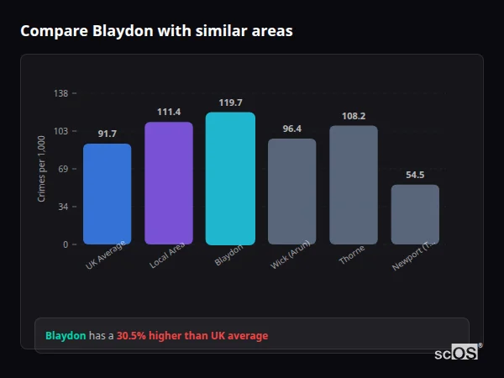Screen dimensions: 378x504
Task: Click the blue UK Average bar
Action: click(x=107, y=194)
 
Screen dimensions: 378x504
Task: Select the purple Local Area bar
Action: click(x=169, y=183)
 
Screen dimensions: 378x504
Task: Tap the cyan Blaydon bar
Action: click(x=230, y=178)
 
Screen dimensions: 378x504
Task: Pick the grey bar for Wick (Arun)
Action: click(x=291, y=192)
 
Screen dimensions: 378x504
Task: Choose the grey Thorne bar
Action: click(x=353, y=185)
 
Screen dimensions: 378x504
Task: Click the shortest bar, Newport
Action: click(x=415, y=214)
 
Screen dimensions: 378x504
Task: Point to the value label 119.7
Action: click(x=230, y=102)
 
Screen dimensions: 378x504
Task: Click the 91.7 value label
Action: click(x=107, y=134)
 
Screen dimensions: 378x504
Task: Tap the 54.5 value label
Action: click(x=415, y=175)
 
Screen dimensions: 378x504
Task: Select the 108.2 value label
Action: click(x=353, y=116)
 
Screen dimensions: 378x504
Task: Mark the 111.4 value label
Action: click(x=169, y=112)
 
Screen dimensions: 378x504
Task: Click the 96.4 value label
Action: click(x=291, y=129)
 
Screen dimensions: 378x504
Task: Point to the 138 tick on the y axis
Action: click(x=60, y=93)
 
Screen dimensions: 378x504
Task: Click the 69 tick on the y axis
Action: click(x=62, y=169)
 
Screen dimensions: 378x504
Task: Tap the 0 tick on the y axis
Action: click(x=65, y=244)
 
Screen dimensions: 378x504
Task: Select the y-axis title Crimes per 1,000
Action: click(x=41, y=169)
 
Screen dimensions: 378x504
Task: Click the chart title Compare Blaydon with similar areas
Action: click(x=156, y=31)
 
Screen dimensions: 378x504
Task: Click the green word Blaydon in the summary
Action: click(x=66, y=336)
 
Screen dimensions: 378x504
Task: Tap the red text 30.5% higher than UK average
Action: click(x=192, y=336)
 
